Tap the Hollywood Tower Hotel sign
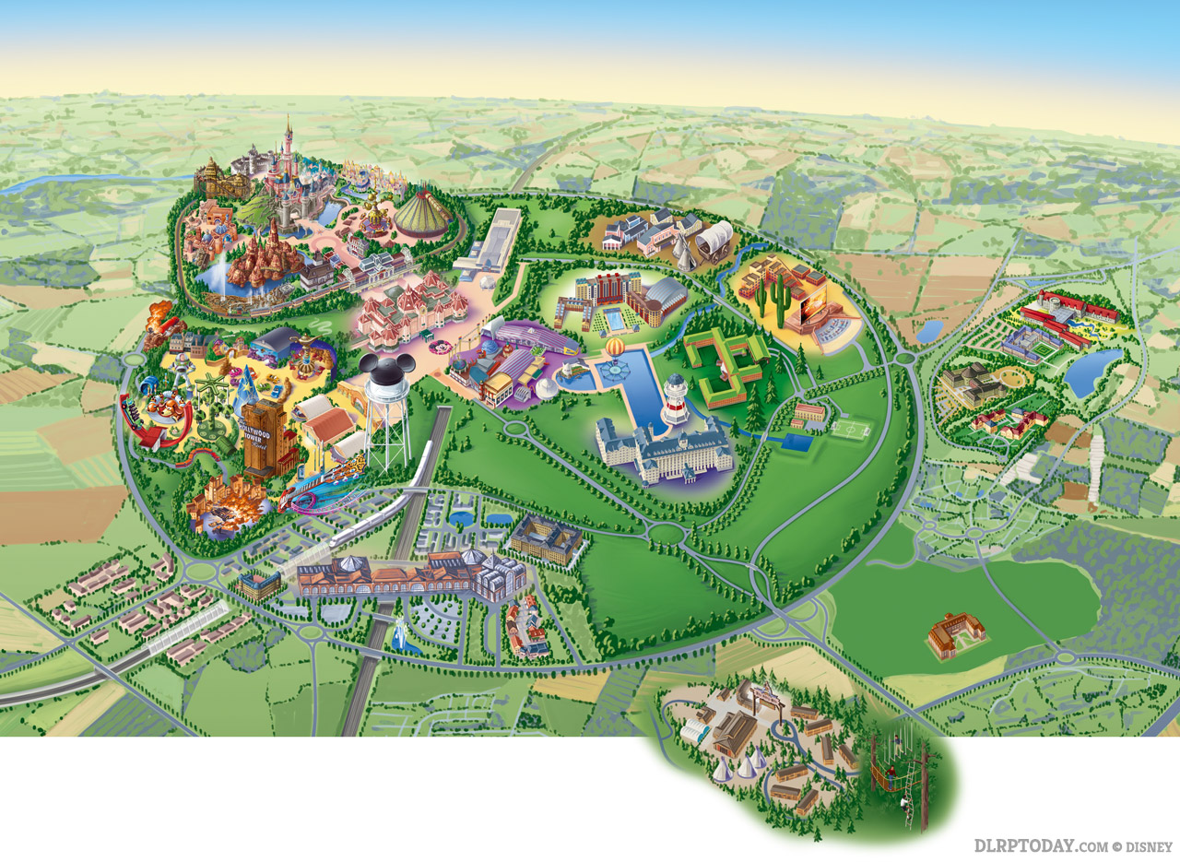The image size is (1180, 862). tap(268, 434)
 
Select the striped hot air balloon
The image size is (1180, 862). tap(616, 349)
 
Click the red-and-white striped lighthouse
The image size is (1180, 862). tap(677, 399)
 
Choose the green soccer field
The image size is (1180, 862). tap(851, 430)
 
